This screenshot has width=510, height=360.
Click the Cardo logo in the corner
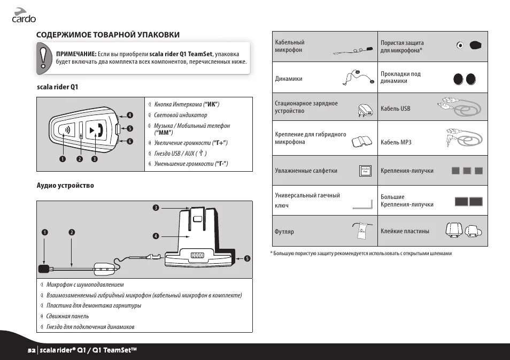pos(24,16)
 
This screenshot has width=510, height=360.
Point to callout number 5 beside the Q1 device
pos(129,128)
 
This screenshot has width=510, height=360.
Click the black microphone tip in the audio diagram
pos(44,267)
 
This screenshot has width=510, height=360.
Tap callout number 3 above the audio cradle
pos(156,208)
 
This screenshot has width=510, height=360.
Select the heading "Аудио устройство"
pos(65,186)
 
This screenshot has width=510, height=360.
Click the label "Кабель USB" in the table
pos(395,109)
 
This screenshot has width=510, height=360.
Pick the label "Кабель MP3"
pos(396,142)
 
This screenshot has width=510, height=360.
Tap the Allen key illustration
pos(363,203)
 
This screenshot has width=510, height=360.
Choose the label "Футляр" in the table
pos(284,232)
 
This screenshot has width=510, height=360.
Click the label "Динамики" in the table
pos(288,79)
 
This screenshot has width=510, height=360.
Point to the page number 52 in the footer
pos(32,350)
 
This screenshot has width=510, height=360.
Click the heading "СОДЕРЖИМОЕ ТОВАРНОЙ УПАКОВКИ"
pos(107,35)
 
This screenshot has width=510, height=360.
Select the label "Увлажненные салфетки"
pos(306,171)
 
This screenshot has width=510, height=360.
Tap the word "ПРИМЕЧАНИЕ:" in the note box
pos(76,54)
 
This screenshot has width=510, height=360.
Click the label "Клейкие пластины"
pos(405,231)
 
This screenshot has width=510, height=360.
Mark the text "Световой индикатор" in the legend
pos(180,115)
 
